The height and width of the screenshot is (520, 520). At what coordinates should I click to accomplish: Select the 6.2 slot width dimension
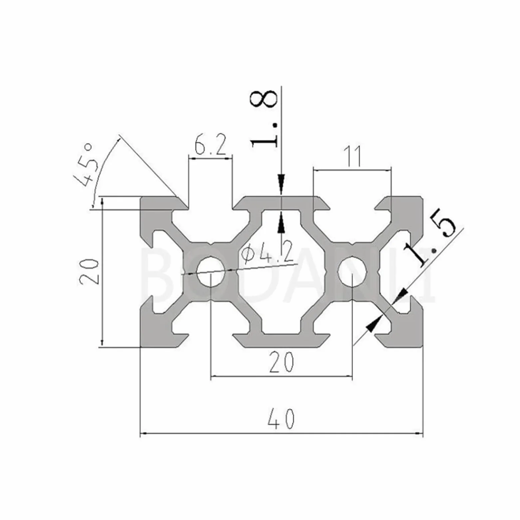coord(210,145)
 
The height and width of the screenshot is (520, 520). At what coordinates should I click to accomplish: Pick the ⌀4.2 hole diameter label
coord(268,253)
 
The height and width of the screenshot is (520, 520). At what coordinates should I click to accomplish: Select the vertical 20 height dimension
coord(90,271)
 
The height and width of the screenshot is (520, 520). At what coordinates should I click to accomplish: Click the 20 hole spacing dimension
coord(282,363)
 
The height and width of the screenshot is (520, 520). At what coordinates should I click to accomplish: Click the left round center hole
coord(211,271)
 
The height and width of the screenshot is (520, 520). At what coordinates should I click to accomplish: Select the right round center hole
coord(352,271)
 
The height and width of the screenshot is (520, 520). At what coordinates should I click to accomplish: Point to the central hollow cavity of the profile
coord(282,271)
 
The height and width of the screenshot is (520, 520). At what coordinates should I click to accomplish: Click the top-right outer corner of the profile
coord(423,196)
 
